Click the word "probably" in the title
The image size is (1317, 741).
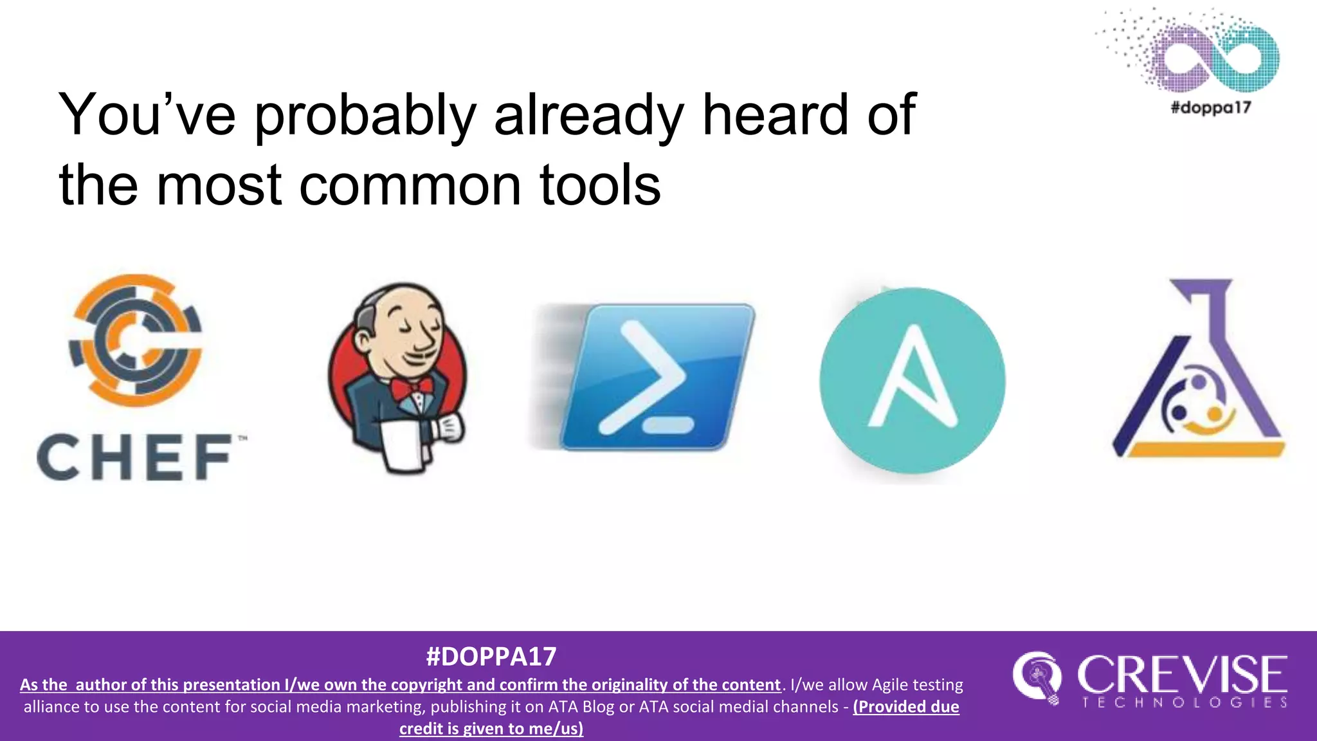coord(365,116)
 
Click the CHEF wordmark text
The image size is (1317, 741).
coord(134,457)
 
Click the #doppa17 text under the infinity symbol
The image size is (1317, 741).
coord(1211,107)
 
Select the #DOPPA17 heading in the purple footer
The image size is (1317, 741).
coord(491,657)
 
